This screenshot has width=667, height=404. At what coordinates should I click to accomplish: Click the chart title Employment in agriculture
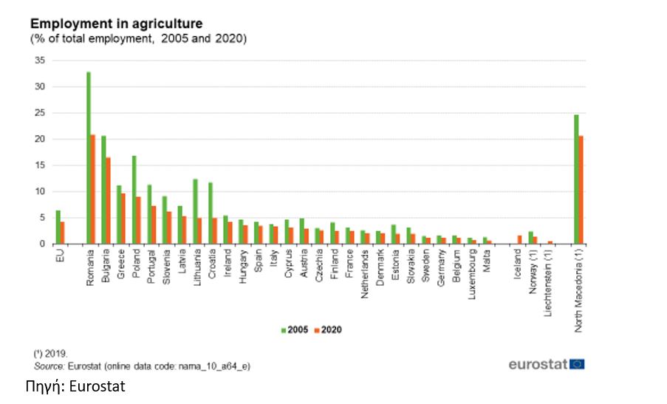coord(116,24)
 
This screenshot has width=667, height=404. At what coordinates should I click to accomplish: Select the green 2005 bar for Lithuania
coord(195,211)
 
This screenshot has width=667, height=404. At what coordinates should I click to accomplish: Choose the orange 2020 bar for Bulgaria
coord(109,200)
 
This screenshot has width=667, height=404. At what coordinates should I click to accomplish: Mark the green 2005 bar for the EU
coord(58,227)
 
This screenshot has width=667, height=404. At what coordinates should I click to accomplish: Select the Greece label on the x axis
coord(120,263)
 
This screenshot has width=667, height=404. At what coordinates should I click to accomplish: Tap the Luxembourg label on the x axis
coord(471,270)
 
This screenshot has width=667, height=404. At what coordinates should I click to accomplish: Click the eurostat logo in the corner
coord(547,363)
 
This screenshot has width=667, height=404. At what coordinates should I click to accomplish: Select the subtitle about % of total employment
coord(138,38)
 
